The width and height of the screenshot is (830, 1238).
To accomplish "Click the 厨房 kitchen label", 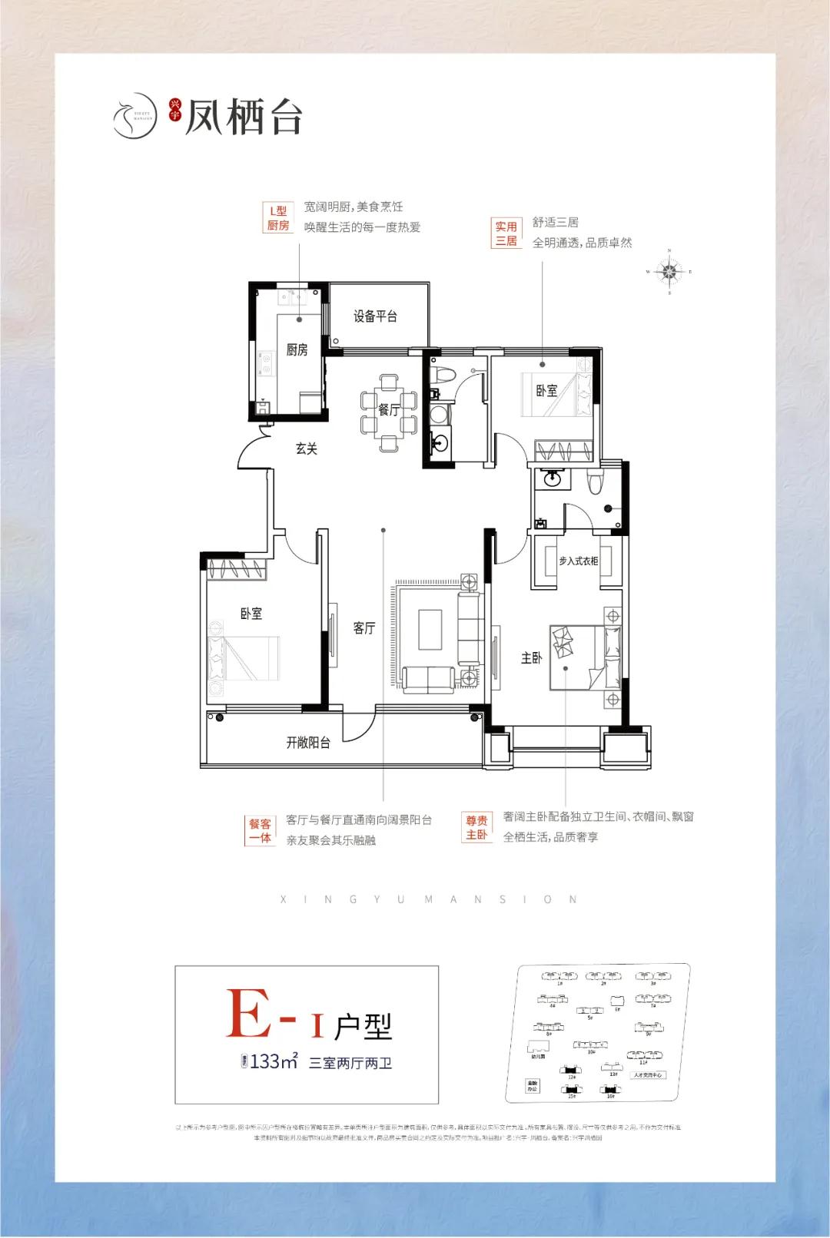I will (297, 350).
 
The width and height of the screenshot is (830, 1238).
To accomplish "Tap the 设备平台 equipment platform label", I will (375, 316).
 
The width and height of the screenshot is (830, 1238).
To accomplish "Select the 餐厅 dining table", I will (389, 411).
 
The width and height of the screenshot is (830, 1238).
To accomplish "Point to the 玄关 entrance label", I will (306, 449).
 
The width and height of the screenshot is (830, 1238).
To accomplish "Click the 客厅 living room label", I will (364, 628).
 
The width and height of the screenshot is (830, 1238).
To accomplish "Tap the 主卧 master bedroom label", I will (531, 658).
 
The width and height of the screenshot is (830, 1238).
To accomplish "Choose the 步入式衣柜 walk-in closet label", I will (578, 561).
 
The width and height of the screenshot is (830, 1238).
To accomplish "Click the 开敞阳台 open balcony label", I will (308, 743).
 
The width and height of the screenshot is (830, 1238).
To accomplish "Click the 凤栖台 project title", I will (244, 118).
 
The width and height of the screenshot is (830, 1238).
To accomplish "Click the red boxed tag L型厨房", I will (277, 217).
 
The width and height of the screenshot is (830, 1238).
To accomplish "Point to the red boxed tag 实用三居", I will (506, 233).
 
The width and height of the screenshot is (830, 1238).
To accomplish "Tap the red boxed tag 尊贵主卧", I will (476, 828).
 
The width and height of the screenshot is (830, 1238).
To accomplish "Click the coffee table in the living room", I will (430, 630).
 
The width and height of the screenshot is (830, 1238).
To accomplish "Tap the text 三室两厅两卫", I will (350, 1064).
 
